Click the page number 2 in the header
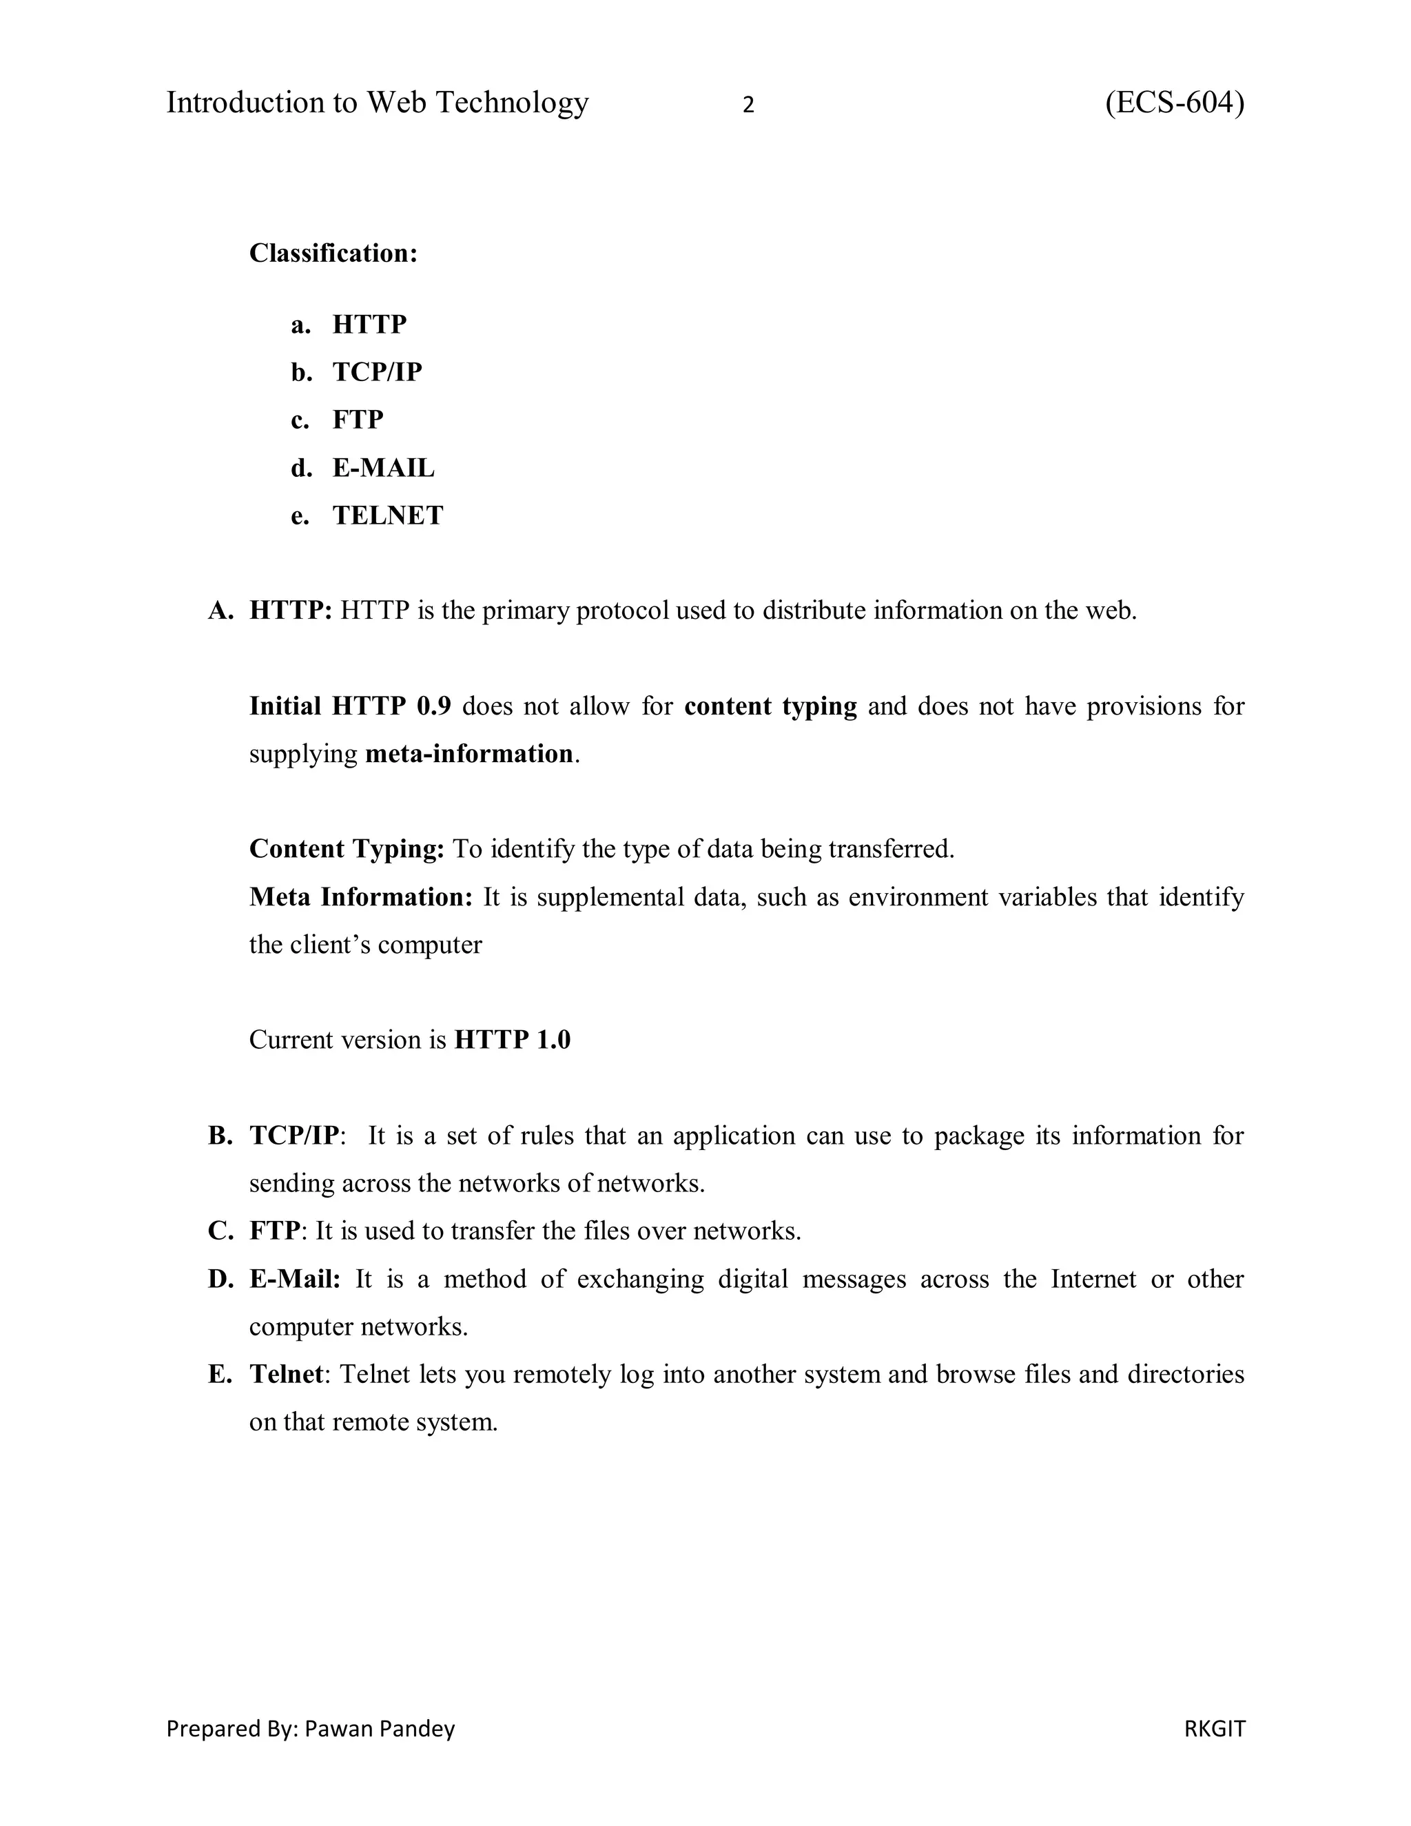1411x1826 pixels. click(748, 105)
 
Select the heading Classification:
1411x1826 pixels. click(333, 252)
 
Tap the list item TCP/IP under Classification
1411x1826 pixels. click(377, 371)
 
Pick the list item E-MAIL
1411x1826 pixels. click(383, 467)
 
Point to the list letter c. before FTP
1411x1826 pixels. click(300, 420)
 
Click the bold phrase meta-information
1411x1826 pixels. click(469, 753)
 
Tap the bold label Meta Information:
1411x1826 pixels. click(361, 896)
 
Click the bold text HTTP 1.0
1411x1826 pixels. click(513, 1039)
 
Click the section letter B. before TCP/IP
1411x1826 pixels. click(220, 1136)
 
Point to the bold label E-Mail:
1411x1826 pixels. click(295, 1278)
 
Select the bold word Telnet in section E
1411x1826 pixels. click(286, 1374)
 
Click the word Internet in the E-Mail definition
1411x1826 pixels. click(1093, 1278)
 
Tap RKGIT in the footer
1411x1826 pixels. click(1215, 1728)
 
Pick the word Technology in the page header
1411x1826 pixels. click(513, 103)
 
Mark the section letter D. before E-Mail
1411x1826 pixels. click(220, 1278)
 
